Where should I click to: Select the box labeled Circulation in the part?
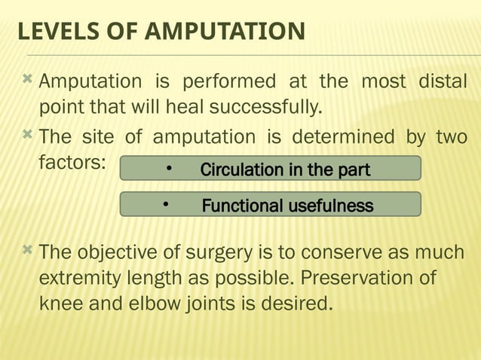270,169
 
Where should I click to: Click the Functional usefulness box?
270,205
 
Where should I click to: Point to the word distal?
442,81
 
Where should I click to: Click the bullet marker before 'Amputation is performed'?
28,79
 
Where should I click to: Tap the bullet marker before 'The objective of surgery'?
28,250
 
